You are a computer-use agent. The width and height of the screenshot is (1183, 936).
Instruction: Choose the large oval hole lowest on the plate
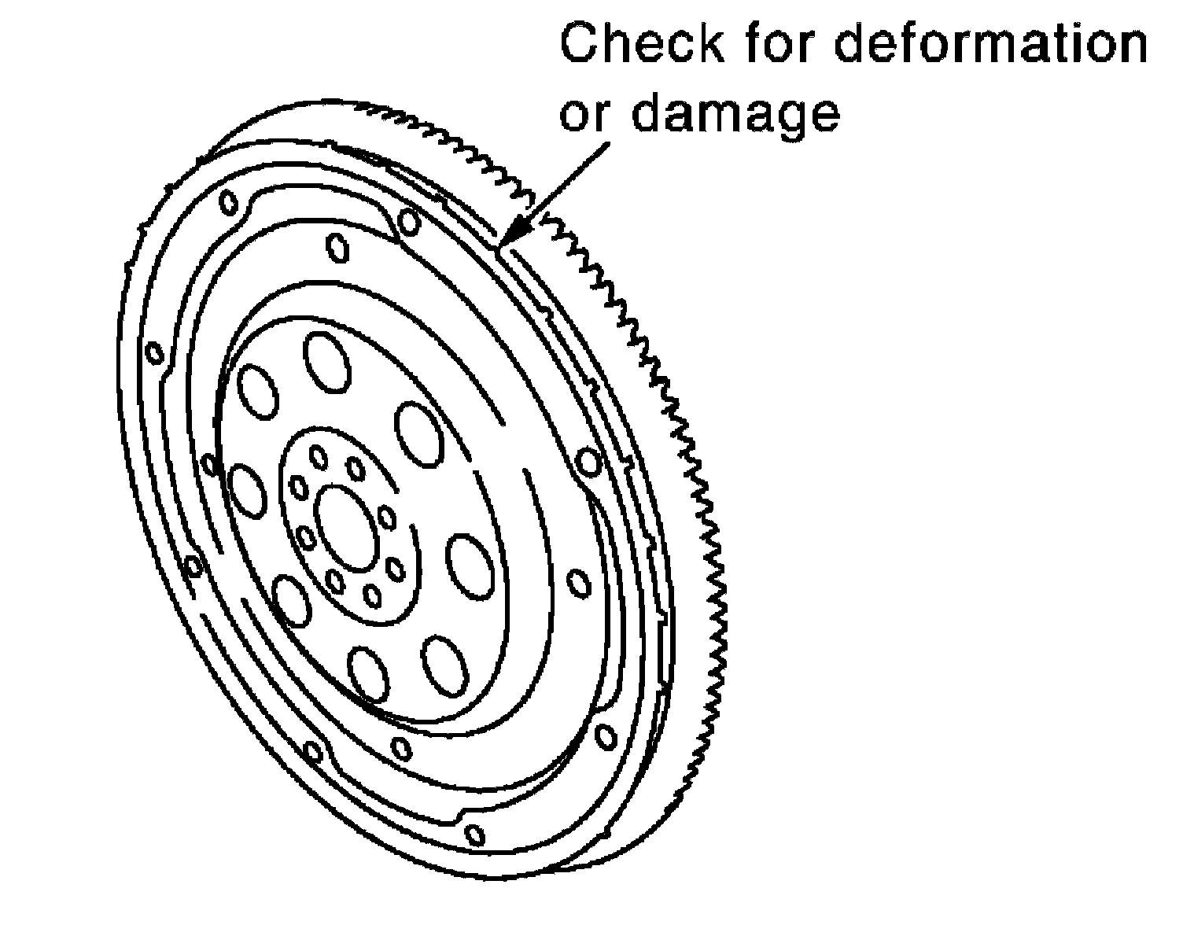tap(368, 673)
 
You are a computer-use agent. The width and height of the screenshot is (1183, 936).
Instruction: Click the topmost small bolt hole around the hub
tap(319, 457)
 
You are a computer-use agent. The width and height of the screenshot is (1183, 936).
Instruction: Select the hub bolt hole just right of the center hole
tap(387, 517)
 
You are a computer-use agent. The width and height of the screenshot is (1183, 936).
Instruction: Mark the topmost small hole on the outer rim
tap(228, 203)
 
